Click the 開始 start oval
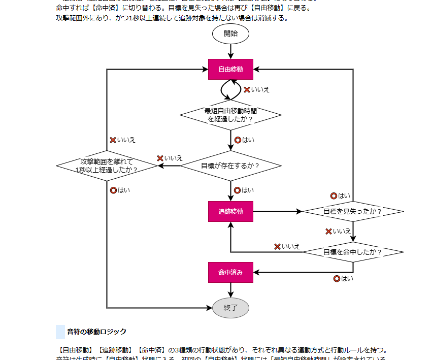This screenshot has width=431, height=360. tap(230, 34)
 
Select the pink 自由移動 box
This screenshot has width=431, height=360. tap(230, 70)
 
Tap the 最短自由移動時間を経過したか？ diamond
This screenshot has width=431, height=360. tap(230, 115)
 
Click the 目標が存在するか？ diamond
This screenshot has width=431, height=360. tap(230, 166)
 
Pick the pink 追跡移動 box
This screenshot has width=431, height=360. tap(230, 211)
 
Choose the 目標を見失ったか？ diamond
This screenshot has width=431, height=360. tap(353, 211)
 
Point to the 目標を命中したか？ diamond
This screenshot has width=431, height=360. tap(353, 252)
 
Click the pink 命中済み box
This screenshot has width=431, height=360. tap(230, 272)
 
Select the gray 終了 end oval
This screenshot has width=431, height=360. tap(230, 308)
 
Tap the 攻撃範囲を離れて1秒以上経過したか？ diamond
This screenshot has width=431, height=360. tap(107, 166)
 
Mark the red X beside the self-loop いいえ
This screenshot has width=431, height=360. tap(247, 90)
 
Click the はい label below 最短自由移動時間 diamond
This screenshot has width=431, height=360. tap(248, 140)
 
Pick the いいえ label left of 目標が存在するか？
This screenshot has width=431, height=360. tap(173, 158)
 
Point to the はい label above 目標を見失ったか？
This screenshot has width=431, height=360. tap(344, 196)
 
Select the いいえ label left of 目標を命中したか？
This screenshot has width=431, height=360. tap(290, 247)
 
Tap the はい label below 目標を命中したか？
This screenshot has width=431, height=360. tap(346, 279)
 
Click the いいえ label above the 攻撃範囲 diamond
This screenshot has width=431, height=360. tap(126, 140)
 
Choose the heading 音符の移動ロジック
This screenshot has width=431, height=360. tap(96, 332)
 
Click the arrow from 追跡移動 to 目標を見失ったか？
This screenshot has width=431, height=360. tap(277, 211)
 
